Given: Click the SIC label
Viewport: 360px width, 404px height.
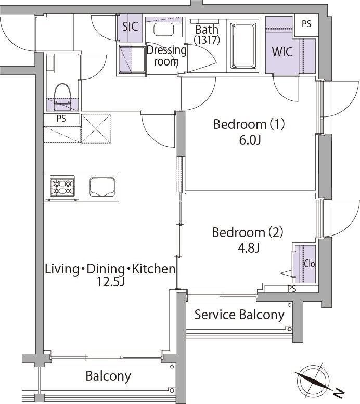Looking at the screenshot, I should point(130,27).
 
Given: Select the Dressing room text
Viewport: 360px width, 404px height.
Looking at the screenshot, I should point(166,56).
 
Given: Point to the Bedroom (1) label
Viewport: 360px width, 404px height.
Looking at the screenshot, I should point(250,125).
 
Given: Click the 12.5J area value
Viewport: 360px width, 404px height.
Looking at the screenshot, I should point(109,282).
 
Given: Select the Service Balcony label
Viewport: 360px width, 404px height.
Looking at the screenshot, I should point(239,315).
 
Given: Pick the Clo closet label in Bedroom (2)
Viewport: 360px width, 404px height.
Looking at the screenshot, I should point(309,264).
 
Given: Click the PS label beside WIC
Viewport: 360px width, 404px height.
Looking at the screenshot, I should point(306,24).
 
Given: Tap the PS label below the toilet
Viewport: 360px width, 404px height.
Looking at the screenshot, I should point(61,119).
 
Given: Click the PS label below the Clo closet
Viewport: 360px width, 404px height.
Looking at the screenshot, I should point(291,289).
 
